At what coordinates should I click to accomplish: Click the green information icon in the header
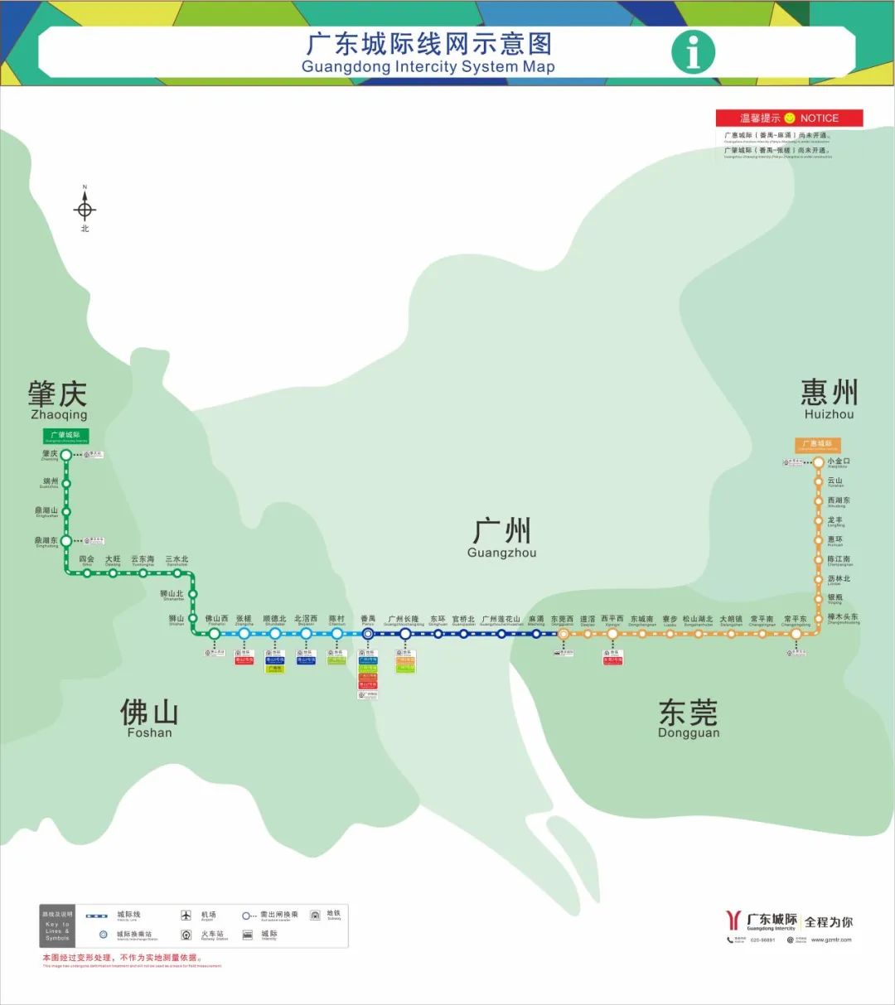point(693,51)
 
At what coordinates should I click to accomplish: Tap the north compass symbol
point(85,208)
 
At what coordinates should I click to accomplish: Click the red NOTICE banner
point(789,118)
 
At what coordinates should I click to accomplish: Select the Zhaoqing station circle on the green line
point(66,455)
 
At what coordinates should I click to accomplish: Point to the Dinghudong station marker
point(66,541)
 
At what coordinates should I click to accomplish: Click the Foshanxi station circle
point(215,634)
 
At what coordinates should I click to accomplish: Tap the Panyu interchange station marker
point(368,634)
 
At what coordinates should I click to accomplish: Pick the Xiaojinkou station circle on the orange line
point(819,462)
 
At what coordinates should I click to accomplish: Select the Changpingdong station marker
point(796,634)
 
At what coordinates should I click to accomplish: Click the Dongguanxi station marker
point(564,634)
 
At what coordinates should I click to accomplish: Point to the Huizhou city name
point(829,399)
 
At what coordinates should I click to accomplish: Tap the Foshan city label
point(149,718)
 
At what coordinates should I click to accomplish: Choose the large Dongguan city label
point(689,718)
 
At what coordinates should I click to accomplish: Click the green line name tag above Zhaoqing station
point(66,436)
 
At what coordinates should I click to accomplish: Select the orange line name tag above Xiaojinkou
point(818,445)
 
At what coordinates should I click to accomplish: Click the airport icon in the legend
point(186,916)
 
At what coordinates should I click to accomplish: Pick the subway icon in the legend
point(315,915)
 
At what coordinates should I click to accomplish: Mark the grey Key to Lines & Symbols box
point(57,925)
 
